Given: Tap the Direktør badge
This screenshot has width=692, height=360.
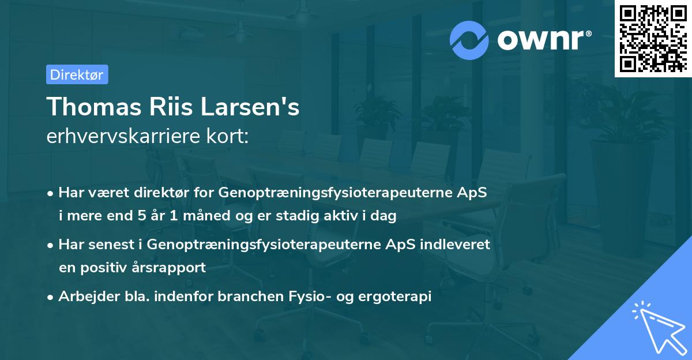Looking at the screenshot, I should [x=77, y=74].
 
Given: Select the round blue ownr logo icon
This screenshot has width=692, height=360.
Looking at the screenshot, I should [x=469, y=40].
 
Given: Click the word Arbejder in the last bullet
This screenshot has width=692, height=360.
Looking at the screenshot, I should [x=84, y=297].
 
